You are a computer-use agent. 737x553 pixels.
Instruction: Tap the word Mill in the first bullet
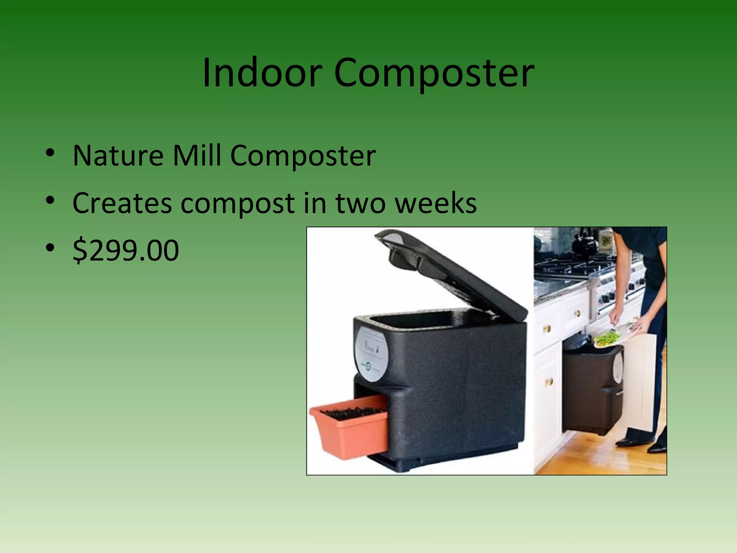coord(196,156)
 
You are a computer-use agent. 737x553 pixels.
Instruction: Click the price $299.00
coord(126,250)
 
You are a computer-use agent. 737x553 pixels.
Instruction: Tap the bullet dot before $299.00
coord(50,248)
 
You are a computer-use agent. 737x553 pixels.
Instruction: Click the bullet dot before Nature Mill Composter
coord(50,153)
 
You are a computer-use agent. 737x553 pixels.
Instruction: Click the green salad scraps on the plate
coord(607,338)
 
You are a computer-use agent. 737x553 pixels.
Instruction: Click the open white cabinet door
coord(644,382)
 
